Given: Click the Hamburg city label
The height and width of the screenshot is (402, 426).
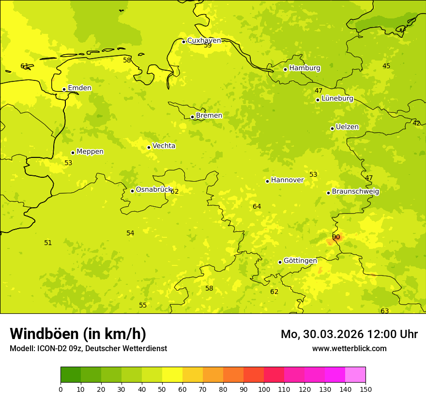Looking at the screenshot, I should tap(304, 68).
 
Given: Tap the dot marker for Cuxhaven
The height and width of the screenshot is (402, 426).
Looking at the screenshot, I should tap(183, 42).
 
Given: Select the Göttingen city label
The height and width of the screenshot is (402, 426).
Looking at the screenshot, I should tap(300, 261).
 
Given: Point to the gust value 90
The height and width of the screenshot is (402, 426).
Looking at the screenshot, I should tap(336, 237).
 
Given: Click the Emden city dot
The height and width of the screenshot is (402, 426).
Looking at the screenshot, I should tap(64, 89).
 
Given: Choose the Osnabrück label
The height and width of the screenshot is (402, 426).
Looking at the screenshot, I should tap(153, 189).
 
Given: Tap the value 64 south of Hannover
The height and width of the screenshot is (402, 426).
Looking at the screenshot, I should tap(257, 207).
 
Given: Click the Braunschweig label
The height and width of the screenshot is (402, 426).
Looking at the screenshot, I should tap(355, 191).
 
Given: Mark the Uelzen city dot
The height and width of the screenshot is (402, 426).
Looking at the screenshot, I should tap(332, 128).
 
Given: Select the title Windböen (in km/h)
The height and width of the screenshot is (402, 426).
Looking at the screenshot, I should tap(78, 334).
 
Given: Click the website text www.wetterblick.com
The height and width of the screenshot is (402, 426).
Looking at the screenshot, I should tap(349, 348).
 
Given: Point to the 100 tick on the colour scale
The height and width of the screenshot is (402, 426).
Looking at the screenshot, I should tap(264, 389).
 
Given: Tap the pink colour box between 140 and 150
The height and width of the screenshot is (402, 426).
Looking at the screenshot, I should tap(355, 374).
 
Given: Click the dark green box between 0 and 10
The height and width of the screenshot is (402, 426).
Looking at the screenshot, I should tap(71, 374).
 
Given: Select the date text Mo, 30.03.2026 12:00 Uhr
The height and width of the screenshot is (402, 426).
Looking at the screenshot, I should tap(349, 334).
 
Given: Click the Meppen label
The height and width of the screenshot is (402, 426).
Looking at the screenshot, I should tap(90, 152).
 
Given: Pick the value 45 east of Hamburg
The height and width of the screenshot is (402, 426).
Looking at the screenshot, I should tap(386, 66).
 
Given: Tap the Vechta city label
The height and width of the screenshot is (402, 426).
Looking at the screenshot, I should tap(164, 146).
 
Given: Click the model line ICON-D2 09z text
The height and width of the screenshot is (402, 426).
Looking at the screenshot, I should tap(88, 348).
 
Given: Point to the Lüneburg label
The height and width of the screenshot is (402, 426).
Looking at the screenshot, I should tap(337, 98).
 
